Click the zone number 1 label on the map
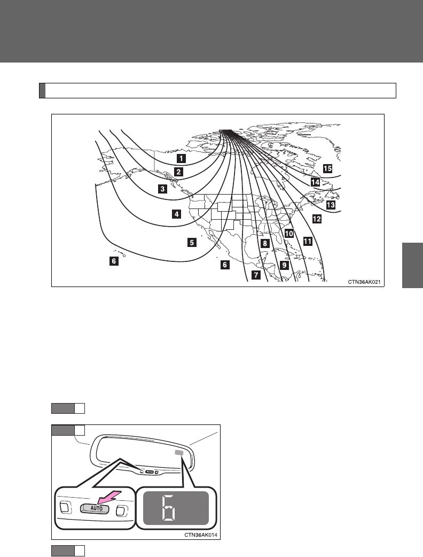coord(182,158)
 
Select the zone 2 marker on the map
coord(178,172)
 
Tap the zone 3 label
coord(162,189)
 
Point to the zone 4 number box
coord(176,214)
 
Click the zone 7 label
coord(256,275)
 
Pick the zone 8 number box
coord(264,243)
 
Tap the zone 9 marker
coord(284,265)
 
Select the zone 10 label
coord(289,234)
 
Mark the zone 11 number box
coord(307,241)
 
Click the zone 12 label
coord(317,219)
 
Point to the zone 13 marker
coord(331,205)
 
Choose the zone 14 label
coord(315,182)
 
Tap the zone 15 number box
coord(327,168)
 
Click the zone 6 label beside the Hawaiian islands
coord(113,261)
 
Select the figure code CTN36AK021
coord(365,281)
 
